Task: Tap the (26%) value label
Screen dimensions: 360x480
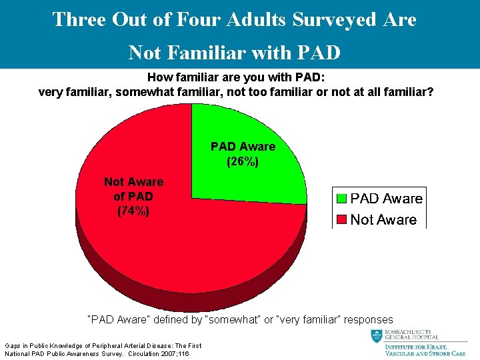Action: click(243, 161)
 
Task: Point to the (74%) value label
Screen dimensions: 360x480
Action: click(133, 211)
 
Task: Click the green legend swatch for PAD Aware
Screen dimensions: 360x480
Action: click(341, 199)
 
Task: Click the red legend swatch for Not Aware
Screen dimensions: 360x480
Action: click(341, 220)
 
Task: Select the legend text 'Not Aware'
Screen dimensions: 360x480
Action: click(383, 220)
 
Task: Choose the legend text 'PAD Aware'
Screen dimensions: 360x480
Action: click(386, 199)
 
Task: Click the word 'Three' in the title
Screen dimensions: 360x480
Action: click(79, 19)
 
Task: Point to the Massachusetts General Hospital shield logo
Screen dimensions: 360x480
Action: click(377, 337)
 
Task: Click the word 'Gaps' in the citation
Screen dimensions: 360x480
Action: click(13, 345)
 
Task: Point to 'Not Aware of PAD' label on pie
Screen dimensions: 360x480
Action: click(133, 189)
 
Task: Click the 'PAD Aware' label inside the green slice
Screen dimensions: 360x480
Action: click(243, 147)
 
